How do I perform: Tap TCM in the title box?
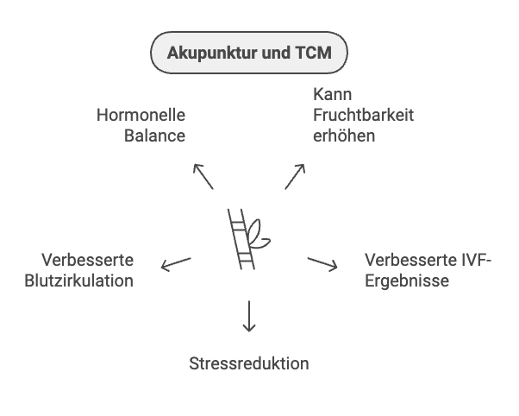tap(314, 54)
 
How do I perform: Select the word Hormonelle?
tap(141, 115)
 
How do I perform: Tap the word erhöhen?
tap(344, 136)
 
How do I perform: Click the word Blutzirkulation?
tap(79, 280)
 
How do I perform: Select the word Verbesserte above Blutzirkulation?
tap(88, 260)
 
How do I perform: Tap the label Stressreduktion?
tap(248, 363)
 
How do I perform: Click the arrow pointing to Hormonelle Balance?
tap(203, 175)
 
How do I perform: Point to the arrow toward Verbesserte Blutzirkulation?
tap(175, 263)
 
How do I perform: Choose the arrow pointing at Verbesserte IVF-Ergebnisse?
tap(322, 263)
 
